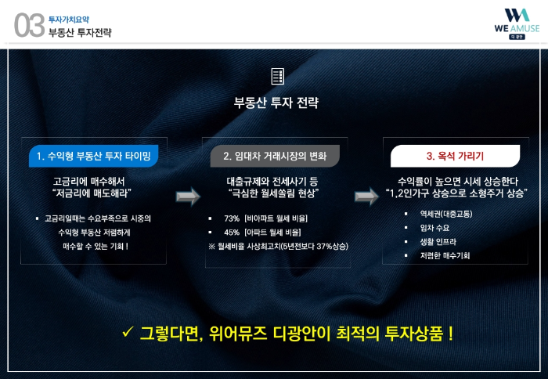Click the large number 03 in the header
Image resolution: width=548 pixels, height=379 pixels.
[29, 25]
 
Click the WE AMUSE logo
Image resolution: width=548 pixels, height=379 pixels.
[516, 23]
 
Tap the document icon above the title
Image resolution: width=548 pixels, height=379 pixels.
[277, 76]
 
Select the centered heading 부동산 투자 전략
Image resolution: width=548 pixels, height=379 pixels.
[276, 103]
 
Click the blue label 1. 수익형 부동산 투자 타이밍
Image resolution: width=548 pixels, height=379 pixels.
[93, 156]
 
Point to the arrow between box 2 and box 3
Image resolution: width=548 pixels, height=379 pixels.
[366, 196]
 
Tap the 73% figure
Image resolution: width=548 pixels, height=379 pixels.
[232, 218]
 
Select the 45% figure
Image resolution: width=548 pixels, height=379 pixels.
[232, 233]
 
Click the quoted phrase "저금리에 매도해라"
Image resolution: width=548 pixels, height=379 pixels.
[92, 193]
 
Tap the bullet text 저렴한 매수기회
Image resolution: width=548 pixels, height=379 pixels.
[445, 255]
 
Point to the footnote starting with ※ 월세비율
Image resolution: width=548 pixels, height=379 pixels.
[278, 247]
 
